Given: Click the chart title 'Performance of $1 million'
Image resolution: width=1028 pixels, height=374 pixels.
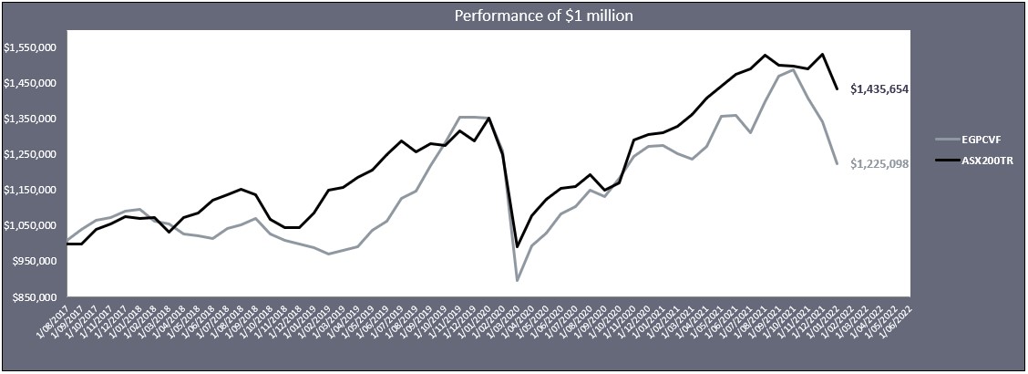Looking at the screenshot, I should point(513,15).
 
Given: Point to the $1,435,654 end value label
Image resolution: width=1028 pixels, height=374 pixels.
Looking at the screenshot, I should point(880,88).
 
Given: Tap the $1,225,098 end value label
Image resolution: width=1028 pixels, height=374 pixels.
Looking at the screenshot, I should point(880,164).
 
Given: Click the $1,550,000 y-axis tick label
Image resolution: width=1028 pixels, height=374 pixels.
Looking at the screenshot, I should point(32,47).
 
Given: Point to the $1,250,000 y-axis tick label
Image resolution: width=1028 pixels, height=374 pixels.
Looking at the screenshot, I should point(32,154).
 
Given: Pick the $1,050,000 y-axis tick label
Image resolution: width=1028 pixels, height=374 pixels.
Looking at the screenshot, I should point(32,225).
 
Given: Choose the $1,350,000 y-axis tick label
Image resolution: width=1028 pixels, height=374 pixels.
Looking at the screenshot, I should point(32,119).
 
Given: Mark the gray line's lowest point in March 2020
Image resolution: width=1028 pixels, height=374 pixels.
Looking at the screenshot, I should point(518,280).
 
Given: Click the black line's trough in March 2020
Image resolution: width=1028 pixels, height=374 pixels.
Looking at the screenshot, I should point(518,246).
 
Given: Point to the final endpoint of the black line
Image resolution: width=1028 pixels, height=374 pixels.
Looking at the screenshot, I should point(837,88).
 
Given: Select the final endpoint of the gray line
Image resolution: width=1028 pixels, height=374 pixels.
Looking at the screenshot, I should point(837,163).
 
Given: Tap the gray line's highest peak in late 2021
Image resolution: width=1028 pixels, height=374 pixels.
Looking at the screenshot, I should point(794,70).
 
